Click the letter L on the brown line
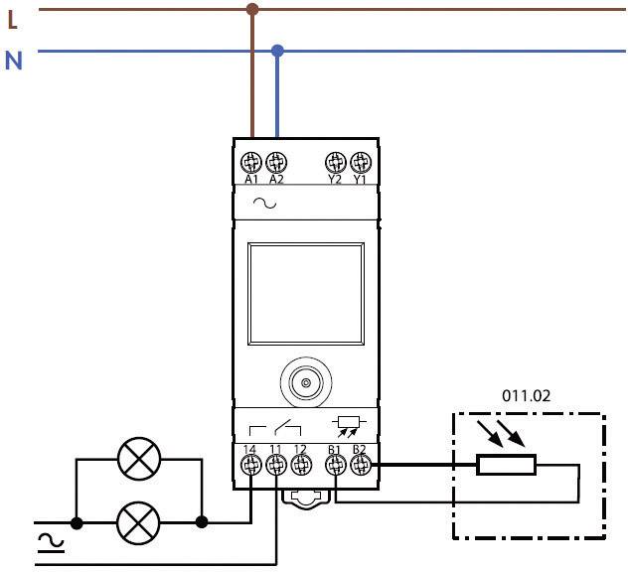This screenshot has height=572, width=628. point(13,17)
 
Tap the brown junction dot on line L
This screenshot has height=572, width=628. point(252,10)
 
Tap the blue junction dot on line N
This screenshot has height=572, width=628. point(277,50)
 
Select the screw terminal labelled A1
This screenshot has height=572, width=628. point(251,161)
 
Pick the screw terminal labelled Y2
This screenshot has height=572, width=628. point(335,161)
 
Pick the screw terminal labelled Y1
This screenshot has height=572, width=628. point(360,161)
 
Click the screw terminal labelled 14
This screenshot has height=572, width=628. point(250,462)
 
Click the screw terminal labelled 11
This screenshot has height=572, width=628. point(275,462)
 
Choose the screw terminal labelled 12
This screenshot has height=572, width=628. point(300,462)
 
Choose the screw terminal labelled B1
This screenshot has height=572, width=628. point(336,462)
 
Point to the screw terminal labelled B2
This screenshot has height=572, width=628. point(360,462)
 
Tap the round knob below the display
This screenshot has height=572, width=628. point(305,382)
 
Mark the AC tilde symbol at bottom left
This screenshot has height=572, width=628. point(46,541)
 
